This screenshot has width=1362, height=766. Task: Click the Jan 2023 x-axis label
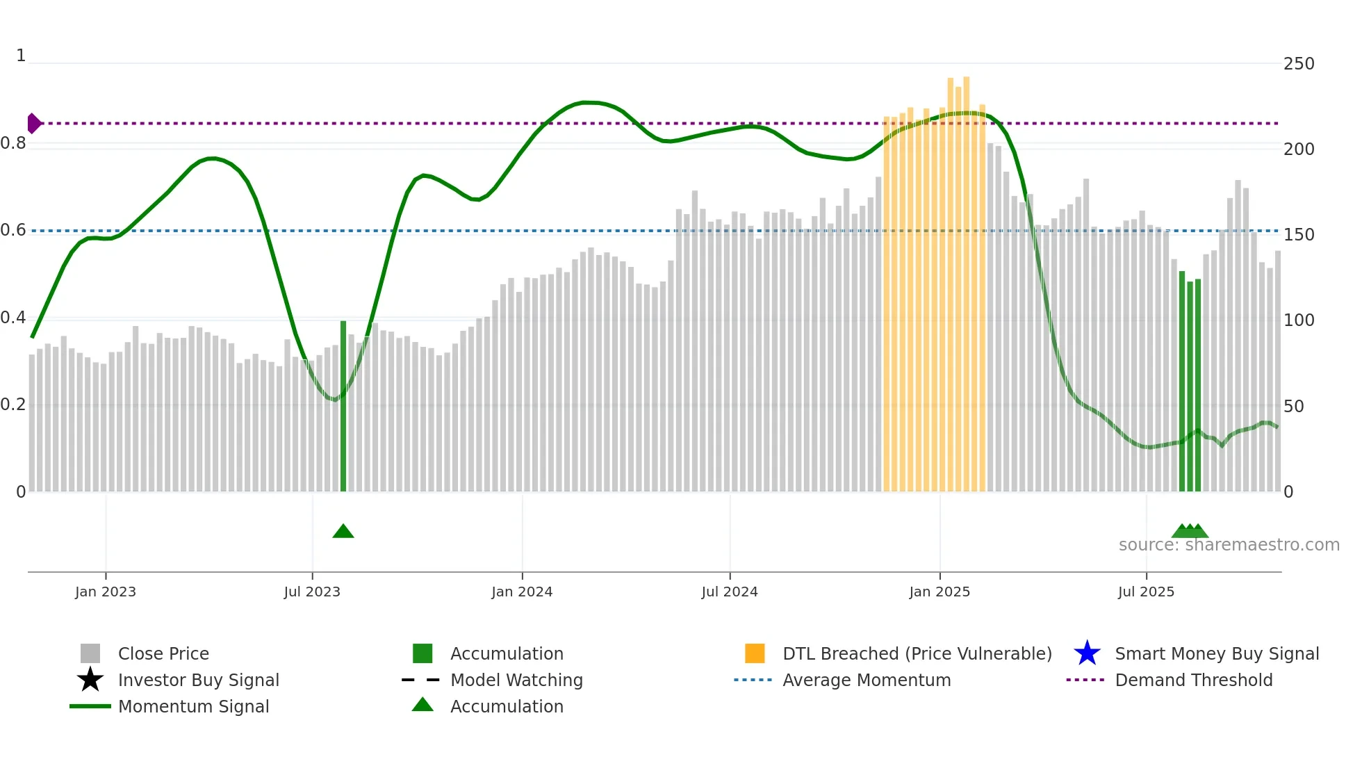pos(106,592)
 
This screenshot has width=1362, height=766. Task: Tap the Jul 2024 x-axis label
pos(730,592)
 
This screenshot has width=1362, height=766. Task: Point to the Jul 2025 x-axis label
pos(1146,592)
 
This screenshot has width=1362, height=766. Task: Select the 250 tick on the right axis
pos(1299,64)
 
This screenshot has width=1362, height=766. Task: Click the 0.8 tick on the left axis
pos(13,143)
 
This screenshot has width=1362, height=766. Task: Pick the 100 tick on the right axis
pos(1299,320)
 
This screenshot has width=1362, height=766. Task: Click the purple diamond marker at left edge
pos(33,123)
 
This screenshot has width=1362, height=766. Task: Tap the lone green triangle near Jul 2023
pos(343,532)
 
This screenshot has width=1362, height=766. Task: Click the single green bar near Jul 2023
pos(343,407)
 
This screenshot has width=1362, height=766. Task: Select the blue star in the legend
pos(1087,653)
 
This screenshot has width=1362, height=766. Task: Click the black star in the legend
pos(90,680)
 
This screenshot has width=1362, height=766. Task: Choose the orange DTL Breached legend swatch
pos(755,653)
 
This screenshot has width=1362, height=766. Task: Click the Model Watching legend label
pos(516,680)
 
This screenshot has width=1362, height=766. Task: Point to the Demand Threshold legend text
pos(1193,680)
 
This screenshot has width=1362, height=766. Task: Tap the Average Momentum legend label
pos(867,680)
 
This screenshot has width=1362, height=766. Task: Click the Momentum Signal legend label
pos(193,706)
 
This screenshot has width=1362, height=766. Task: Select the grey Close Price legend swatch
pos(90,653)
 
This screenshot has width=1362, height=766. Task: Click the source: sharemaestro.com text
pos(1229,545)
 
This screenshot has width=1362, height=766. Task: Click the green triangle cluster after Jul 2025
pos(1190,532)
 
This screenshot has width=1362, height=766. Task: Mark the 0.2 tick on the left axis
pos(13,405)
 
